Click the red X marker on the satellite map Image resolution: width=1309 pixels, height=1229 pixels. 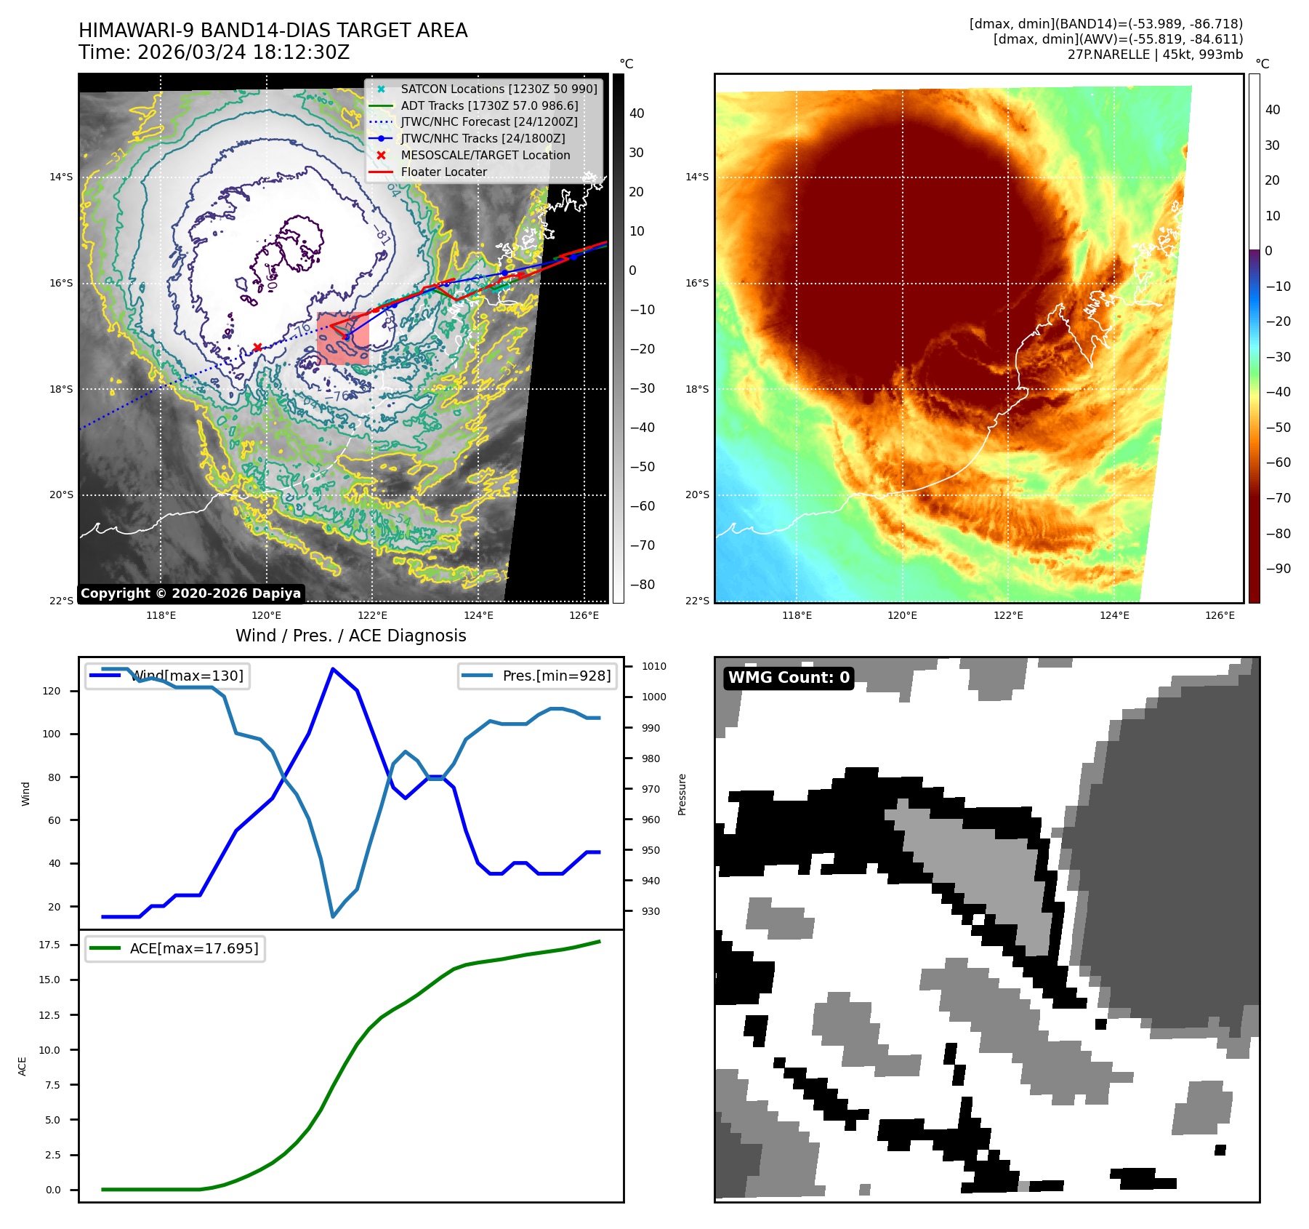[257, 348]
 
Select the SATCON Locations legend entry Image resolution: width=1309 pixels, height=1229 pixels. [499, 89]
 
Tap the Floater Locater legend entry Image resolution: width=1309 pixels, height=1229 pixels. [443, 172]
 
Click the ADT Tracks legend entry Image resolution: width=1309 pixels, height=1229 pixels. [489, 105]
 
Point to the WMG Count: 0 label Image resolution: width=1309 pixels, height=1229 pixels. [789, 678]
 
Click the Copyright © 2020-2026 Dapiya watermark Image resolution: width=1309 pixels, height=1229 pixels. [190, 593]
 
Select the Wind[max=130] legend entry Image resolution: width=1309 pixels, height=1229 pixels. [188, 676]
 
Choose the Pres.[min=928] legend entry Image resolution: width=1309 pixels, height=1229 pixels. [556, 676]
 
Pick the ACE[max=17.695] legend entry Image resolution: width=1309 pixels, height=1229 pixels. [193, 948]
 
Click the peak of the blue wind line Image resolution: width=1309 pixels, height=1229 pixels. [332, 669]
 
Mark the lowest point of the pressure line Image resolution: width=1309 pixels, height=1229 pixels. [333, 916]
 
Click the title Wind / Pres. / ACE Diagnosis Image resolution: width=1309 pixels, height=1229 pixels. [350, 636]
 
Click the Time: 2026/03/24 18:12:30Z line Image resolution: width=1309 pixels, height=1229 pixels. [214, 52]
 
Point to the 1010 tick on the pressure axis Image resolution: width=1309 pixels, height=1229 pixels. [653, 666]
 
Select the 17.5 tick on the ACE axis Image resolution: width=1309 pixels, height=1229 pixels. [49, 945]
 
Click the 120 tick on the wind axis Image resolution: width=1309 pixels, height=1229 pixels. [52, 691]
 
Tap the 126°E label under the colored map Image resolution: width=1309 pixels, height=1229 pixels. [1220, 615]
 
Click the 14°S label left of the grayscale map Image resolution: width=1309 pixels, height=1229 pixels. [61, 177]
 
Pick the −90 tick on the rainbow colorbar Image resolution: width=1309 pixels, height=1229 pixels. [1278, 569]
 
